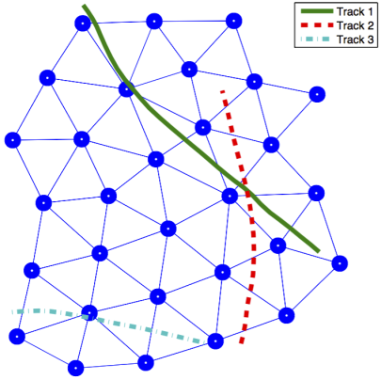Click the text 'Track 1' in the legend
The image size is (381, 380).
pyautogui.click(x=355, y=12)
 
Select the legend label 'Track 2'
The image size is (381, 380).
pyautogui.click(x=355, y=25)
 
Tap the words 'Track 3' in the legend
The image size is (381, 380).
pyautogui.click(x=355, y=40)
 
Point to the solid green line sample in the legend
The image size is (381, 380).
pyautogui.click(x=317, y=11)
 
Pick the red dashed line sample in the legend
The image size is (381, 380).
pyautogui.click(x=317, y=25)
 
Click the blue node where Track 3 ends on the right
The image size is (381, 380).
pyautogui.click(x=215, y=341)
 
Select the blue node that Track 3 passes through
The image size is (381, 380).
pyautogui.click(x=89, y=312)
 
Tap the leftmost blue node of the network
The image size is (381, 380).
pyautogui.click(x=12, y=140)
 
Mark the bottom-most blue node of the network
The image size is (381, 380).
pyautogui.click(x=76, y=368)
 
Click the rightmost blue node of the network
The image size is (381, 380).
pyautogui.click(x=340, y=263)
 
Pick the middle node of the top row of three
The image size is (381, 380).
pyautogui.click(x=154, y=22)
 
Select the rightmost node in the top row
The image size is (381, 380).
pyautogui.click(x=233, y=21)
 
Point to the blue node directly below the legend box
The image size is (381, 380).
pyautogui.click(x=317, y=94)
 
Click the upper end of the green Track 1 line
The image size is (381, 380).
pyautogui.click(x=84, y=6)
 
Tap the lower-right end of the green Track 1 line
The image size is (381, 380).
pyautogui.click(x=319, y=251)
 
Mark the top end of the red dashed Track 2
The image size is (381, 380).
pyautogui.click(x=222, y=91)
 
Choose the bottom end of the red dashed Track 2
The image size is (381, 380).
pyautogui.click(x=241, y=343)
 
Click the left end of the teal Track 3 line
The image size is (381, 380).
pyautogui.click(x=12, y=312)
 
